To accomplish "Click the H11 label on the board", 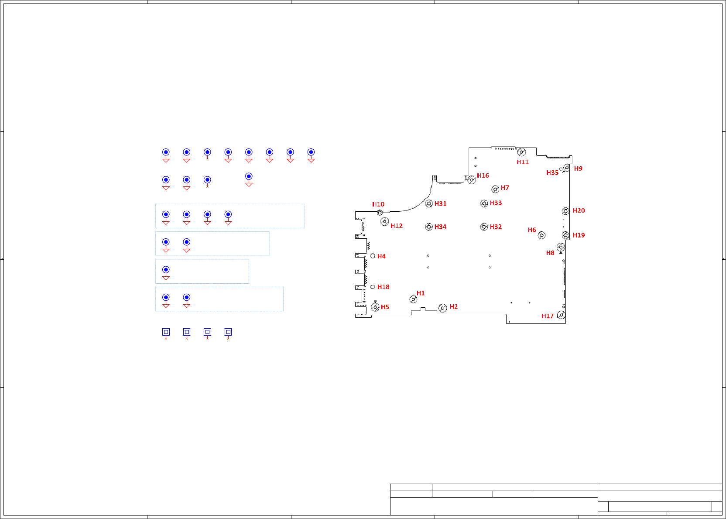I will point(523,162).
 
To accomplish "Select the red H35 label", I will point(552,173).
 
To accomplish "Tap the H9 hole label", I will point(578,168).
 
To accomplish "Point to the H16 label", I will point(483,175).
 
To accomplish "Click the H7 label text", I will point(505,188).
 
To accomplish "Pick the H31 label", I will point(440,203).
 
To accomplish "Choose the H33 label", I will point(496,203).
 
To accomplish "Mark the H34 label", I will point(440,227).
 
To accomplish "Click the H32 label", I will point(496,227).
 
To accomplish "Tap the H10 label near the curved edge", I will point(378,204).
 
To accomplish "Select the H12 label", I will point(397,226).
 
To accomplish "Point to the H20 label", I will point(579,210).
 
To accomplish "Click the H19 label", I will point(579,235).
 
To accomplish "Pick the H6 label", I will point(532,230).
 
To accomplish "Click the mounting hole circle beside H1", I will point(413,299).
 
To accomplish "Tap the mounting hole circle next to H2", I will point(442,308).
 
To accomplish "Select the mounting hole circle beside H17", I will point(562,315).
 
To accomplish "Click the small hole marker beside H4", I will point(373,256).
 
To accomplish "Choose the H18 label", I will point(383,287).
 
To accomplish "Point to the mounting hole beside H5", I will point(375,307).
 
